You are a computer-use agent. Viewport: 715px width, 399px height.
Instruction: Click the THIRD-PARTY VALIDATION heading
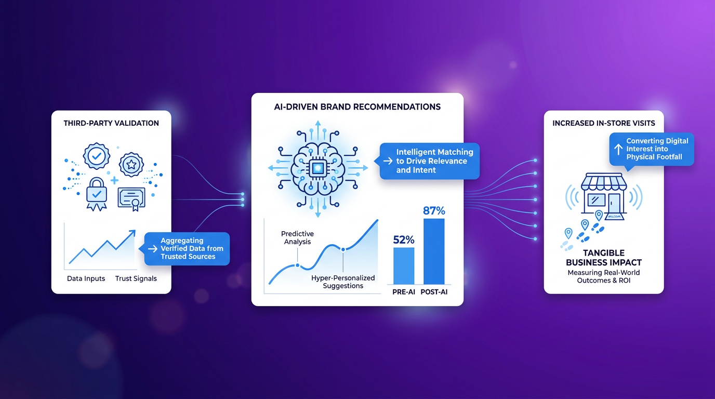[x=111, y=123]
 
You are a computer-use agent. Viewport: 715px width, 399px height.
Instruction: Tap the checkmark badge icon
[x=97, y=156]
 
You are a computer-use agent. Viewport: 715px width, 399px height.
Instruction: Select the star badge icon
[x=131, y=165]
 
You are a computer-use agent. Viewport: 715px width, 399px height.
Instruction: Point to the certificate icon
[x=131, y=199]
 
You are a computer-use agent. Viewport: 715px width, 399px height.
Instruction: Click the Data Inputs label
[x=86, y=278]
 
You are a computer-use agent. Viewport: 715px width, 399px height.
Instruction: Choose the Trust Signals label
[x=136, y=278]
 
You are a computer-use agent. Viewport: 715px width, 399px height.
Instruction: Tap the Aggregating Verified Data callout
[x=187, y=249]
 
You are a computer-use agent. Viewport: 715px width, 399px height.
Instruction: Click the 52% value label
[x=403, y=240]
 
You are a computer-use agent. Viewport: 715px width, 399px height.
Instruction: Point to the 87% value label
[x=434, y=211]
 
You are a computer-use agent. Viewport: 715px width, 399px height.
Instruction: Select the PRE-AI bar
[x=404, y=266]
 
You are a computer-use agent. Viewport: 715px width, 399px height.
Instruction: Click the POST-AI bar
[x=434, y=251]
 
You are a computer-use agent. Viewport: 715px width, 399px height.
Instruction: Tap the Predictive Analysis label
[x=298, y=238]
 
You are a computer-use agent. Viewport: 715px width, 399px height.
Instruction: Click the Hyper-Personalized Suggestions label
[x=343, y=282]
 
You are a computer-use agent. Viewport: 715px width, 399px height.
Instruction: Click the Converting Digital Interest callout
[x=652, y=150]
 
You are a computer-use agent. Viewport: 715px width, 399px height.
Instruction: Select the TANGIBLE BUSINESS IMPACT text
[x=604, y=258]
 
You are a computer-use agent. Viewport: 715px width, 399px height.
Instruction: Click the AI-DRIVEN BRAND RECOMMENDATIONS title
[x=357, y=107]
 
